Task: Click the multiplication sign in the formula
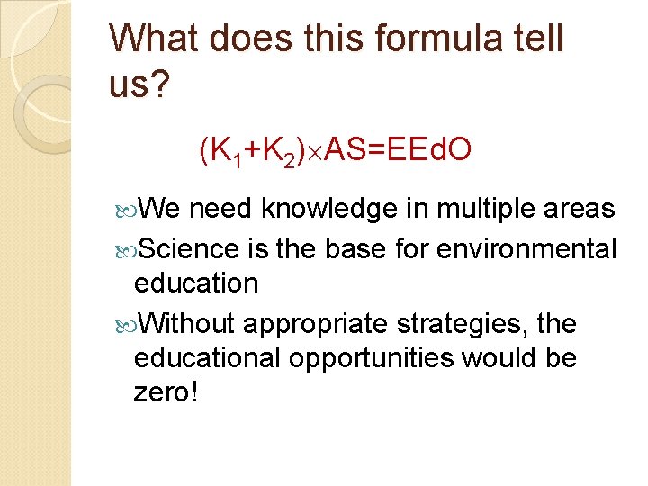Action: click(x=312, y=152)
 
